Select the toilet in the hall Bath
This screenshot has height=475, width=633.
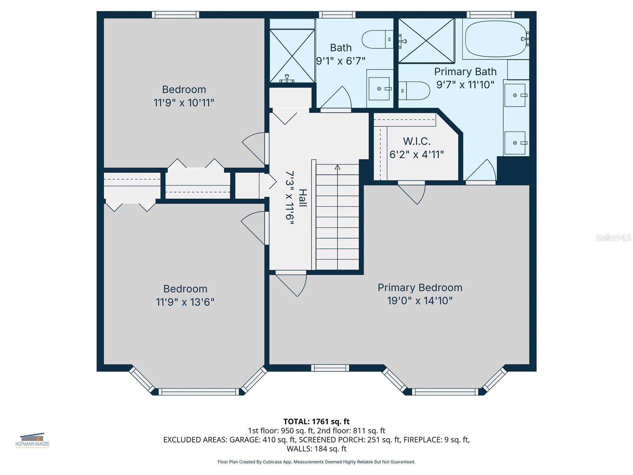point(377,39)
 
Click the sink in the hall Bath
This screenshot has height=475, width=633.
point(379,89)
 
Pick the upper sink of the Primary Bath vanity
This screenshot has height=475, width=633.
point(515,95)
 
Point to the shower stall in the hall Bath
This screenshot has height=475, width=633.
point(292,55)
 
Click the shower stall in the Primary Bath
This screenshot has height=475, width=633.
point(426,41)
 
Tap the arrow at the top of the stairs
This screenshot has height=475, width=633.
point(337,167)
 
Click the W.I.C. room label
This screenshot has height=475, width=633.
point(417,141)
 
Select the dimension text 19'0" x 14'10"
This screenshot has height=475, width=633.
point(420,301)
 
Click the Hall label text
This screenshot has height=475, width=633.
point(303,198)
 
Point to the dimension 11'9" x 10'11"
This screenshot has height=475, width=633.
point(184,103)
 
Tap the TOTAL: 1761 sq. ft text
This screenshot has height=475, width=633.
point(316,422)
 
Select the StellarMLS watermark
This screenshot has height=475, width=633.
point(613,237)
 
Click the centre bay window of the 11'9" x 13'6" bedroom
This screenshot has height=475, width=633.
point(199,392)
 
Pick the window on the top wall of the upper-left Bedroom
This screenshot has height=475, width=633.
point(176,15)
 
